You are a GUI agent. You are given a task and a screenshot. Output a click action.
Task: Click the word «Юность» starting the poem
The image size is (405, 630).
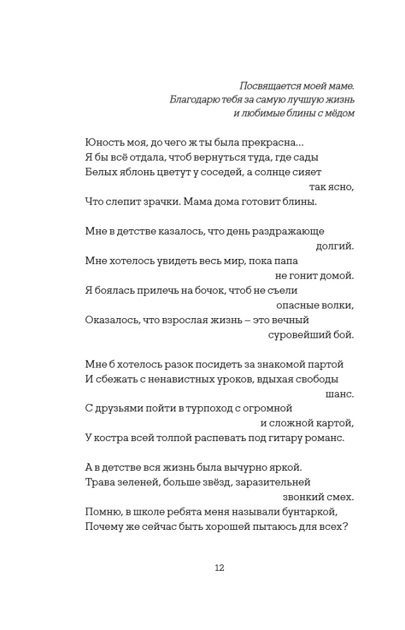tap(102, 143)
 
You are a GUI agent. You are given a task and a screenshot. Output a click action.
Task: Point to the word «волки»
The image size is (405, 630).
tap(340, 305)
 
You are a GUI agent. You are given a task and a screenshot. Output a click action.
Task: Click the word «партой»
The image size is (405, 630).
tap(327, 364)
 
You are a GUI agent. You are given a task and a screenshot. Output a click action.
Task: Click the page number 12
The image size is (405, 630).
tap(219, 568)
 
